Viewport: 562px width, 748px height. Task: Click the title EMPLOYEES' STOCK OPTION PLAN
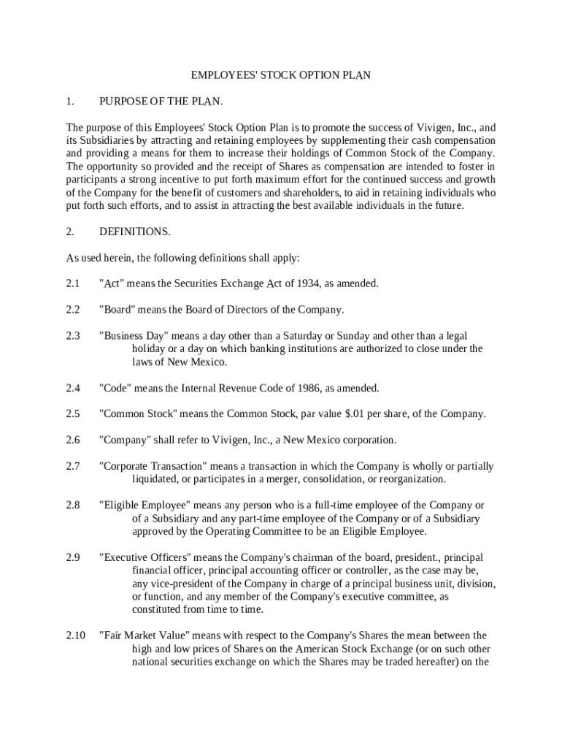point(281,75)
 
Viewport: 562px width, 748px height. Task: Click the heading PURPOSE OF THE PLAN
point(161,101)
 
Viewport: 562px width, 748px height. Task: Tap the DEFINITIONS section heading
point(135,232)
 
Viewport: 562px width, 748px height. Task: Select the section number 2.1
point(72,283)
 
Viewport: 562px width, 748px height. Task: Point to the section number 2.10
point(75,636)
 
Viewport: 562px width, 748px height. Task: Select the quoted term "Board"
point(116,310)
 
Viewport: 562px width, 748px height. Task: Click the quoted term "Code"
point(115,388)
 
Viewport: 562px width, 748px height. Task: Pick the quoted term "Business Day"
point(134,336)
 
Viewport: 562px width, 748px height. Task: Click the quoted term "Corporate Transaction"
point(153,466)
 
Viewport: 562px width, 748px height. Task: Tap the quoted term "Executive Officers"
point(145,557)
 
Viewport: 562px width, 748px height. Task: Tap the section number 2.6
point(72,440)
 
